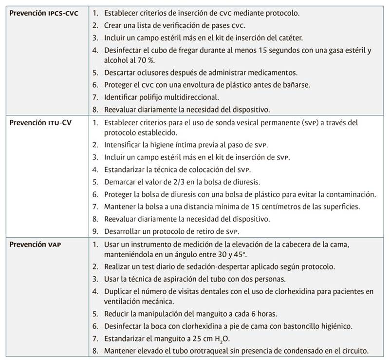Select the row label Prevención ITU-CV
[40, 122]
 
